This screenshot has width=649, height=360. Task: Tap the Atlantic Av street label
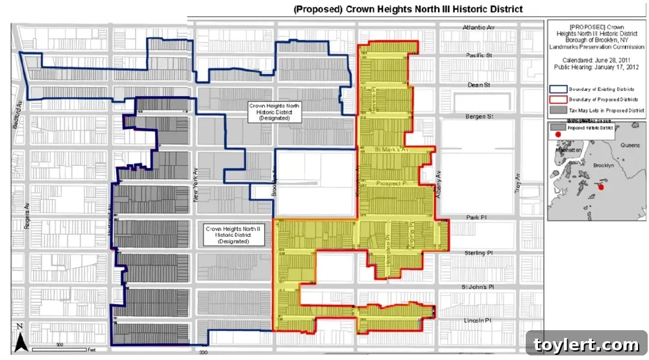coord(479,28)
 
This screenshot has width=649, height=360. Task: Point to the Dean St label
coord(479,85)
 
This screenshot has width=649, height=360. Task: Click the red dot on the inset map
coord(600,187)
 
